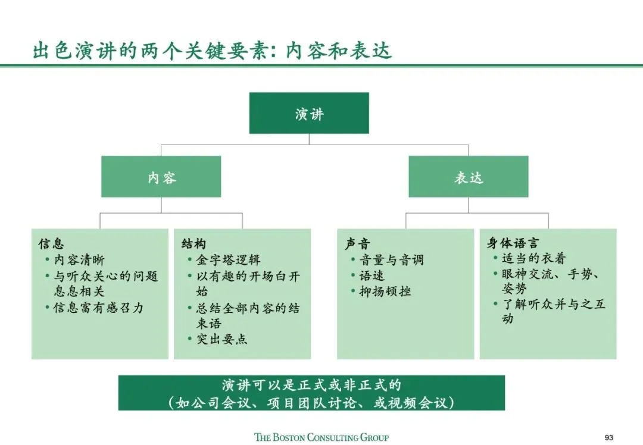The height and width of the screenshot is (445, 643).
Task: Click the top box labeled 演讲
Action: (309, 113)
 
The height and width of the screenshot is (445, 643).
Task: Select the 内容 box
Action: (161, 177)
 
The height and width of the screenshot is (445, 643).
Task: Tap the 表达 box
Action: (468, 177)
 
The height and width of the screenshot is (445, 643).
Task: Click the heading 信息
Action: (51, 244)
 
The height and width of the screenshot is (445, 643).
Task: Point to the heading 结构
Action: (193, 244)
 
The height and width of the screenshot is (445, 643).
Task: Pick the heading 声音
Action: (357, 244)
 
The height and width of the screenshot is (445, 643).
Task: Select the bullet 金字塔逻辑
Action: (228, 260)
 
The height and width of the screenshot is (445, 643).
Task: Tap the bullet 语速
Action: (372, 275)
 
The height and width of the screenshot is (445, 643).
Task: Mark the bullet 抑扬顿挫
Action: (385, 291)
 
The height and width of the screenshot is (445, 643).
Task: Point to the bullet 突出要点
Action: (221, 339)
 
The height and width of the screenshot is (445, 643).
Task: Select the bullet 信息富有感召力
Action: (98, 308)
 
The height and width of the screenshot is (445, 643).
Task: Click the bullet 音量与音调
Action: (391, 260)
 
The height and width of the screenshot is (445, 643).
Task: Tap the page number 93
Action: (608, 437)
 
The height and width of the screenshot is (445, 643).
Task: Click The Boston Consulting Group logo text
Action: (321, 437)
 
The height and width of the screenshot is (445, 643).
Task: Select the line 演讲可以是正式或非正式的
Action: (311, 386)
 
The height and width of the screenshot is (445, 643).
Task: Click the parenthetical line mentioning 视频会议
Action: (311, 402)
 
